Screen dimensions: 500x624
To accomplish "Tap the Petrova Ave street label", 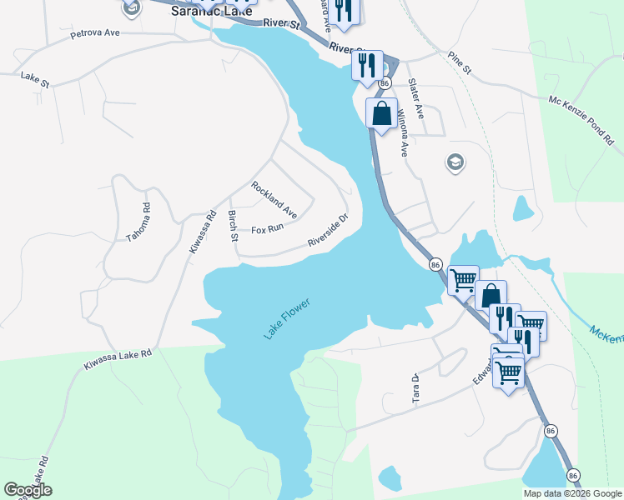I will point(96,34).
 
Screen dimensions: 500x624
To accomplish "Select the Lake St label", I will point(35,75).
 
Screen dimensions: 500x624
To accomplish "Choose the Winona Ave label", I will point(401,132).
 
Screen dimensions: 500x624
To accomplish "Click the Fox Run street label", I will point(268,227).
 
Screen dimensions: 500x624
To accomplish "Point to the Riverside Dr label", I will point(327,231).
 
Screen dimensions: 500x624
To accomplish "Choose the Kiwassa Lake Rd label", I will point(118,359).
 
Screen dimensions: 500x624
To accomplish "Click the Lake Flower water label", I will point(286,318).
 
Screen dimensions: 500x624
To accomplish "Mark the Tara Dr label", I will point(414,389).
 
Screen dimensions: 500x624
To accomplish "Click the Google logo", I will point(28,490).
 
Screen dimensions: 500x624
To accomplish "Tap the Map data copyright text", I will point(572,493).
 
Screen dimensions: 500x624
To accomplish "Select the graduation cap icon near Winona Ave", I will point(455,162).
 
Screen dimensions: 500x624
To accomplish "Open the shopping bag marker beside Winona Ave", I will point(382,114).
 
